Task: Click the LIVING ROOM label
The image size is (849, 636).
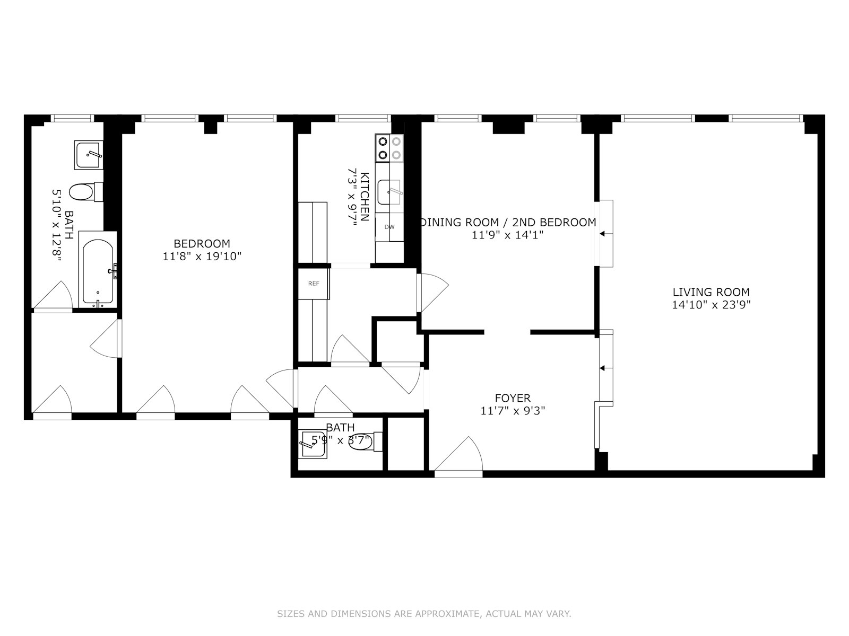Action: click(711, 292)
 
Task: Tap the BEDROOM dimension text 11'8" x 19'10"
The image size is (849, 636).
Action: click(202, 257)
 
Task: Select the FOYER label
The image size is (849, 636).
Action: click(513, 398)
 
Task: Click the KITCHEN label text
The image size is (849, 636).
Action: click(365, 197)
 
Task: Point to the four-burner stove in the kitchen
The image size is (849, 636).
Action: click(389, 148)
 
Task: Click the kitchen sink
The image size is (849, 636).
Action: click(389, 192)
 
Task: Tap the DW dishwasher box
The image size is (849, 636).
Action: click(389, 227)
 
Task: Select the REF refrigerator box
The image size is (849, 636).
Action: click(314, 284)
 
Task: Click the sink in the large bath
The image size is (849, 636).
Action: click(89, 155)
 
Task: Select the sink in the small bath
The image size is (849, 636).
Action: click(313, 444)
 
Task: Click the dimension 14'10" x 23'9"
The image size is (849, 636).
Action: click(711, 305)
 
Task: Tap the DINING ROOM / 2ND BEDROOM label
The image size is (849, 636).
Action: click(508, 223)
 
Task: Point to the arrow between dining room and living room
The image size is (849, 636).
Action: click(603, 233)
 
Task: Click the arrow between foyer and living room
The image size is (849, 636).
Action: click(603, 368)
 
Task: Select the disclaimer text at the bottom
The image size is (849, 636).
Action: click(424, 614)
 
